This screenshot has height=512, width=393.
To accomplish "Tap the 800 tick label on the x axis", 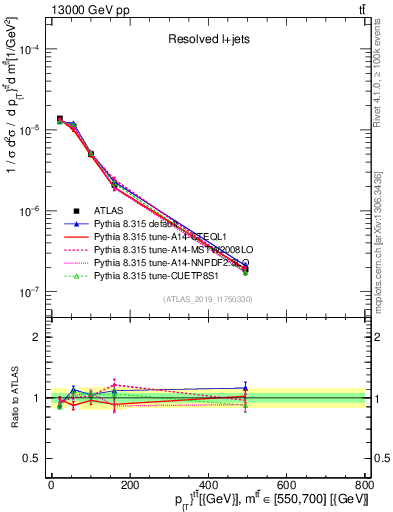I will coord(365,486).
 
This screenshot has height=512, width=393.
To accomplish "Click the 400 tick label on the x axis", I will coord(208,486).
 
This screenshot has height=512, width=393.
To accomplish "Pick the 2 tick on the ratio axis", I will coord(38,337).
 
